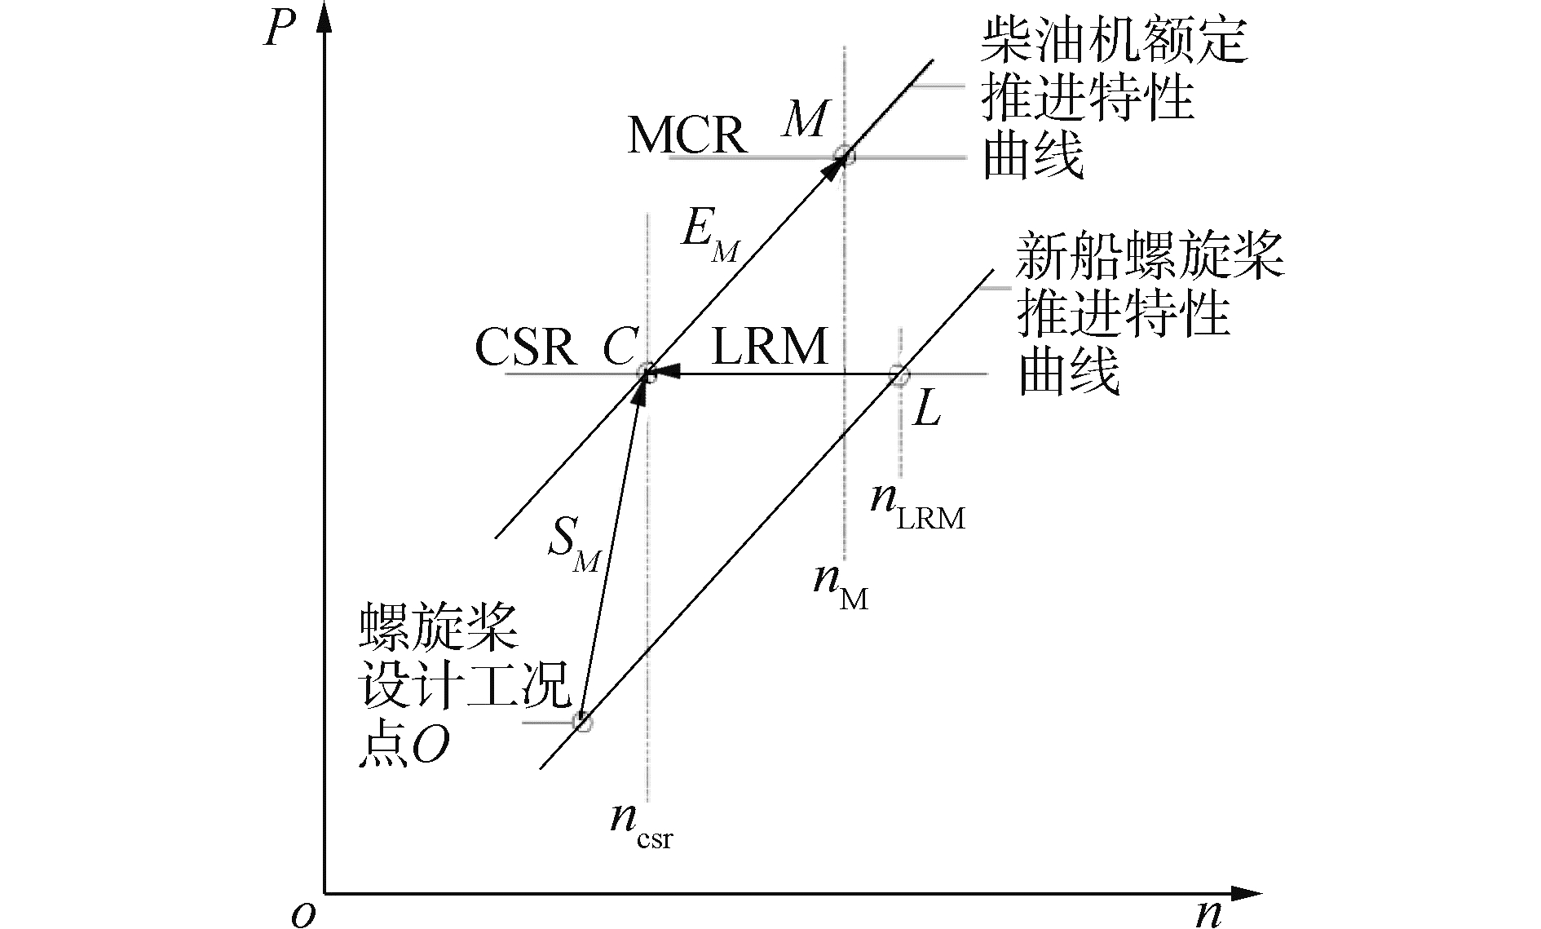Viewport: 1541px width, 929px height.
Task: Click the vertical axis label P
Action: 280,30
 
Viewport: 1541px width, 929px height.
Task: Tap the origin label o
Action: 302,914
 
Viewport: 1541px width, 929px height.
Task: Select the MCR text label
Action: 687,135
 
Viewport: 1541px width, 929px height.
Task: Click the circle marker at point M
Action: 846,155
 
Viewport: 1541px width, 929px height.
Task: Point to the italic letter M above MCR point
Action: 806,119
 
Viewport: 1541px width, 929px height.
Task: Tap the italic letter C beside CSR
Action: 619,348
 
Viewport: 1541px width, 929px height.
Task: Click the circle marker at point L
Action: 899,375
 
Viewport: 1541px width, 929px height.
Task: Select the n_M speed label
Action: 840,584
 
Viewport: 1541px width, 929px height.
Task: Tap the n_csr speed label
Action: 642,821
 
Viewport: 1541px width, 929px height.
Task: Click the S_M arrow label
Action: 573,543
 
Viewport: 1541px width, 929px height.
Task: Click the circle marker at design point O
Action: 581,721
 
